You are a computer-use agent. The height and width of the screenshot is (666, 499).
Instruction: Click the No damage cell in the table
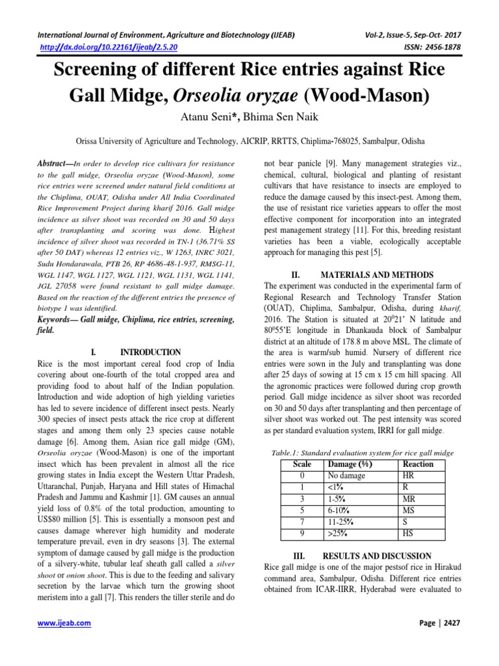point(348,475)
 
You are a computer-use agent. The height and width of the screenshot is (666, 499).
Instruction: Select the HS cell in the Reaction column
point(409,534)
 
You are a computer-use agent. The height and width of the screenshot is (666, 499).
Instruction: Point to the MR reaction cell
point(410,499)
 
